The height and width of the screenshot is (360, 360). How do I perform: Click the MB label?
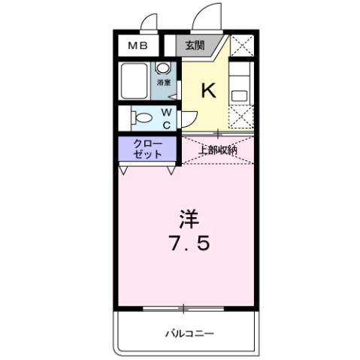137,46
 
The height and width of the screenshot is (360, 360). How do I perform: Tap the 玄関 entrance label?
194,46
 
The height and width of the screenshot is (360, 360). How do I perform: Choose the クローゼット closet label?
147,148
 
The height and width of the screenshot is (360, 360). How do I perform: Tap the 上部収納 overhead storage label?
217,149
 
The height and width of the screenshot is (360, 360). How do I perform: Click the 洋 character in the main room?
188,219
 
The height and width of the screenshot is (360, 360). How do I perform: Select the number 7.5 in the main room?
188,244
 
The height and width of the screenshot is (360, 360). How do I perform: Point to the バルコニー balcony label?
188,331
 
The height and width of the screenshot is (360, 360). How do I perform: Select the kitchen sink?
240,95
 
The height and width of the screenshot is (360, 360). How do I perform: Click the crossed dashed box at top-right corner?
242,46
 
